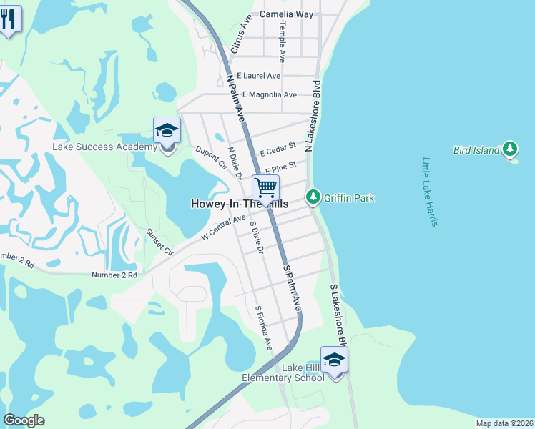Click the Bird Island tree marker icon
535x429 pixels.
(x=509, y=149)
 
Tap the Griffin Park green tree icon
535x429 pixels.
(x=313, y=197)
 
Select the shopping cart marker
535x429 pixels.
(x=265, y=188)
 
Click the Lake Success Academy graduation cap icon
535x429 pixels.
(x=167, y=130)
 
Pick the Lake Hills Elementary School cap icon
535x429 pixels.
(x=333, y=360)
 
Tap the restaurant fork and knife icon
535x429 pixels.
(x=8, y=18)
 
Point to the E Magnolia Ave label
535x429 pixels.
(x=270, y=94)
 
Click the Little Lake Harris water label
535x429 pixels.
(x=429, y=192)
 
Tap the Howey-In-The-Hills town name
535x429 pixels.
(x=240, y=204)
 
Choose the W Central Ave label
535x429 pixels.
(x=223, y=227)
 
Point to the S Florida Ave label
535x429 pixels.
(x=264, y=328)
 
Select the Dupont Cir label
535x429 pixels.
(x=211, y=157)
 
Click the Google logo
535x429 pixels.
(x=24, y=420)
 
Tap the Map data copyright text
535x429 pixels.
(x=504, y=423)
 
